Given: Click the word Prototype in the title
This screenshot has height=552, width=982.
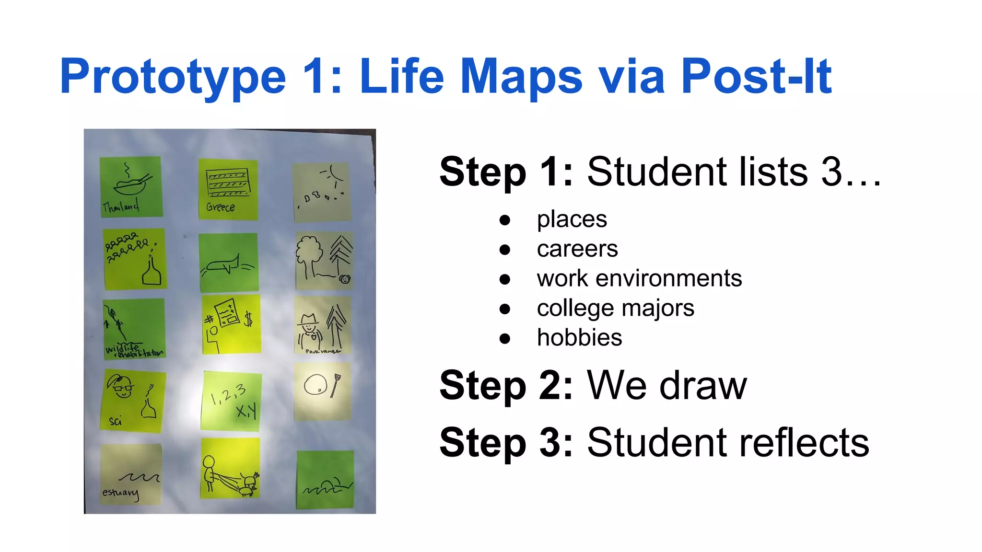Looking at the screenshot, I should click(x=173, y=77).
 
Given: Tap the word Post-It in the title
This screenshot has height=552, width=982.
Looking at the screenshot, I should click(x=756, y=77).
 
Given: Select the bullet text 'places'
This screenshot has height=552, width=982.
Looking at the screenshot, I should click(x=572, y=219).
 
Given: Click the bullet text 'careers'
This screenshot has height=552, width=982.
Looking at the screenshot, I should click(x=577, y=249).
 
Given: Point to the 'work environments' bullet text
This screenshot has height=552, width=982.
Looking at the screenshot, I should click(x=639, y=279).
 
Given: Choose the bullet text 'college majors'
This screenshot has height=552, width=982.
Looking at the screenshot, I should click(x=615, y=308).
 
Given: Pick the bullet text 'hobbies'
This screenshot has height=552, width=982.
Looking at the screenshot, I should click(x=579, y=338).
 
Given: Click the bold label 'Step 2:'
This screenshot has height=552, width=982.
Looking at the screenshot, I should click(x=506, y=386).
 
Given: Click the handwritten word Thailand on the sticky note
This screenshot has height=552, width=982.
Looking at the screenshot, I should click(x=121, y=207).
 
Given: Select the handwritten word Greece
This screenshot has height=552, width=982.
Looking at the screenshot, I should click(x=221, y=207).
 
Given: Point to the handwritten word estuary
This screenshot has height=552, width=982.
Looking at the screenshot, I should click(x=120, y=493).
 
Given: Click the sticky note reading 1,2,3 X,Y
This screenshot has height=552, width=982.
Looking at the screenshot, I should click(x=232, y=401).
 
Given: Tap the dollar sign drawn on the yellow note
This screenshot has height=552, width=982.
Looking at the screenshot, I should click(x=248, y=319).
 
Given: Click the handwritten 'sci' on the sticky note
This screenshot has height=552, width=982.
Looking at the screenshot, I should click(x=115, y=421).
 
